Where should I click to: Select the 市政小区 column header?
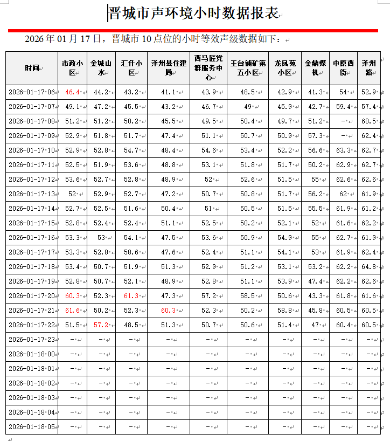point(72,68)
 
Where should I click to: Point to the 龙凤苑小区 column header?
point(284,68)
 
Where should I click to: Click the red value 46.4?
point(72,92)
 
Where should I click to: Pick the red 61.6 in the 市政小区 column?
point(72,310)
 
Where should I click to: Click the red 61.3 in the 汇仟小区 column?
point(130,295)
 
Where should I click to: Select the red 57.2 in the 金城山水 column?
point(101,325)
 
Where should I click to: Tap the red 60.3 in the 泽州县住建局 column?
point(168,310)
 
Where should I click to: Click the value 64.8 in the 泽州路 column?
point(368,266)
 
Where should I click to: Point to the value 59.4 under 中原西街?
point(343,107)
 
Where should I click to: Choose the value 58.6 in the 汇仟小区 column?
point(130,252)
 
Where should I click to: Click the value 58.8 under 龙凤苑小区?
point(284,310)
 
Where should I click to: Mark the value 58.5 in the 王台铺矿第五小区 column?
point(248,295)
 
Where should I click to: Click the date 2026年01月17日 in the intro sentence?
point(63,39)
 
